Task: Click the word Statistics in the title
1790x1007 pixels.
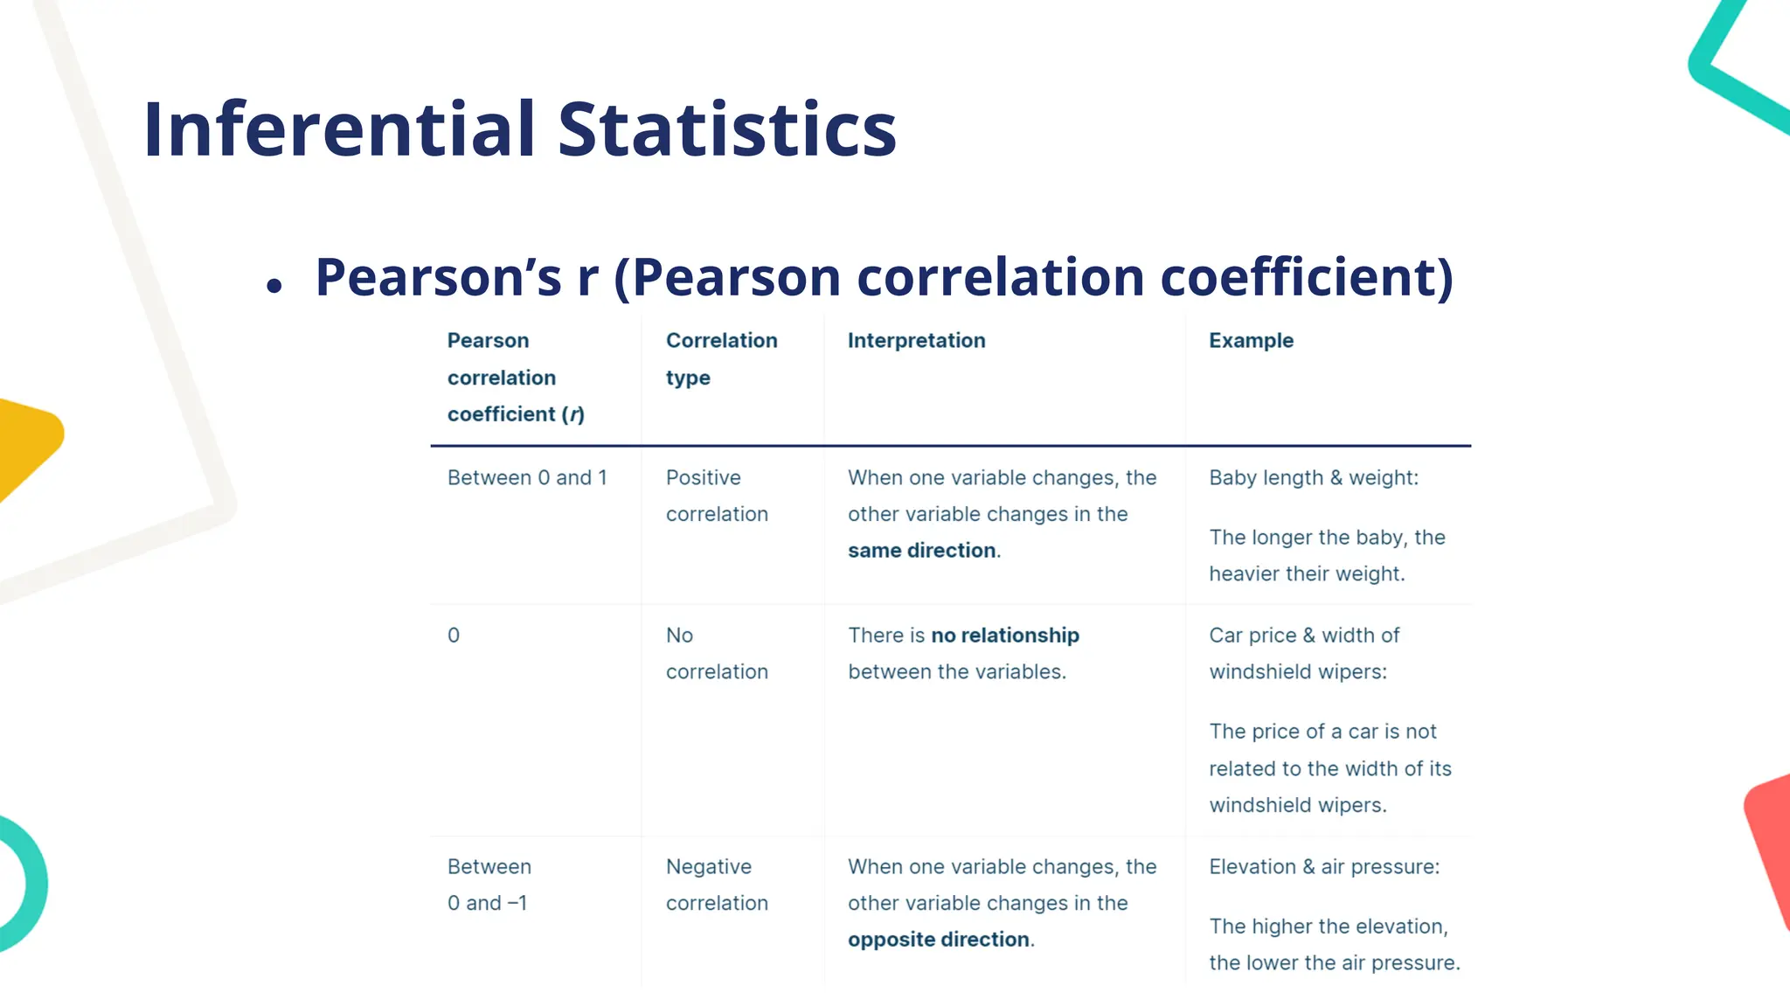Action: click(727, 129)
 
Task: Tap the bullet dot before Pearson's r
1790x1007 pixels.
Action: click(274, 286)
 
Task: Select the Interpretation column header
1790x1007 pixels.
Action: click(916, 341)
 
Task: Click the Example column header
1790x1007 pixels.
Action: click(1251, 341)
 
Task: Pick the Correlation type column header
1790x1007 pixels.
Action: click(721, 358)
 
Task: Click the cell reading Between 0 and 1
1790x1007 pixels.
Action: click(527, 478)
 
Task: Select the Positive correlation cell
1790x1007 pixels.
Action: click(717, 496)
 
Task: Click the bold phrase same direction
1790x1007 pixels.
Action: click(921, 551)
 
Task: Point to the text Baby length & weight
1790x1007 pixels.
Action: click(1313, 478)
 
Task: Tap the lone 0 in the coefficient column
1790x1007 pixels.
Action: click(454, 635)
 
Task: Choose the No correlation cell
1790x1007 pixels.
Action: click(717, 653)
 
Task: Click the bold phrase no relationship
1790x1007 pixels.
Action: click(1005, 635)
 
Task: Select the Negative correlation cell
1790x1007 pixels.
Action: click(717, 885)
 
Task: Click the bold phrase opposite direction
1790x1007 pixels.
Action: click(938, 940)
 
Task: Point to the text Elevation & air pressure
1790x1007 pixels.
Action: click(1323, 867)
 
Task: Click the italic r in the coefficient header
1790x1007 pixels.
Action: click(573, 414)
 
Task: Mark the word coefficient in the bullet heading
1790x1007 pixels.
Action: click(1306, 277)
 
